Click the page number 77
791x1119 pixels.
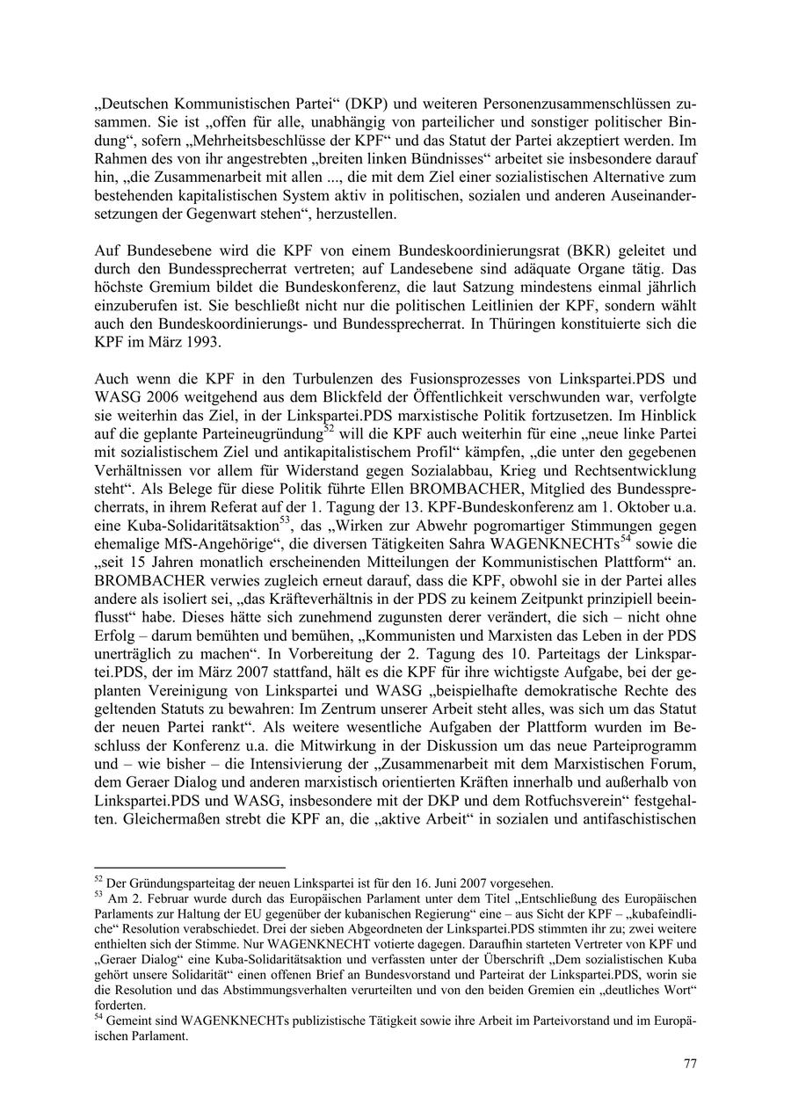coord(690,1064)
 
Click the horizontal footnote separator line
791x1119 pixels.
coord(189,868)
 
